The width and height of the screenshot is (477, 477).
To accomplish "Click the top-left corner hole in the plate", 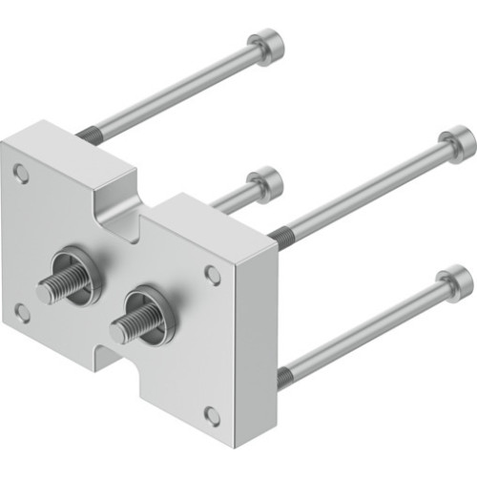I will (21, 173).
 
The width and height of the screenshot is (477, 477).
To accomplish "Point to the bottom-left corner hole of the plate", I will (22, 311).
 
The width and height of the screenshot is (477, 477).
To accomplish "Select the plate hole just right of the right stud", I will (213, 276).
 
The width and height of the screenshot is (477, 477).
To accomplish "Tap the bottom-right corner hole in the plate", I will (212, 415).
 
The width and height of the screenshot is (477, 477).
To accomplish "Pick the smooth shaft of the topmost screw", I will (172, 93).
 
